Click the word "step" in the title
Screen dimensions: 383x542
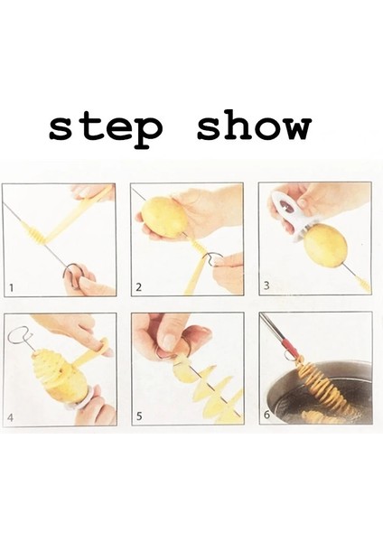106,128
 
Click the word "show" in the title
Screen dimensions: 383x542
254,125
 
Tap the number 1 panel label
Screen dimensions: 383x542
12,287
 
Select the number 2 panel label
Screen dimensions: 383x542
139,287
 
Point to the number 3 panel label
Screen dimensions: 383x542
266,285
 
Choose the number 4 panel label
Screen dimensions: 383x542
10,417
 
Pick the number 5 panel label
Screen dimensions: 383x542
139,416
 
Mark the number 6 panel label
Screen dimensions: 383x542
266,415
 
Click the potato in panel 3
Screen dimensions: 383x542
325,247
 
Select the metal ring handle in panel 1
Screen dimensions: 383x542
71,274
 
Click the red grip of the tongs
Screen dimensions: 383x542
291,350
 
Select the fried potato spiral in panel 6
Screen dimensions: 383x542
323,388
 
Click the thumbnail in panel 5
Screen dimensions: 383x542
170,341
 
